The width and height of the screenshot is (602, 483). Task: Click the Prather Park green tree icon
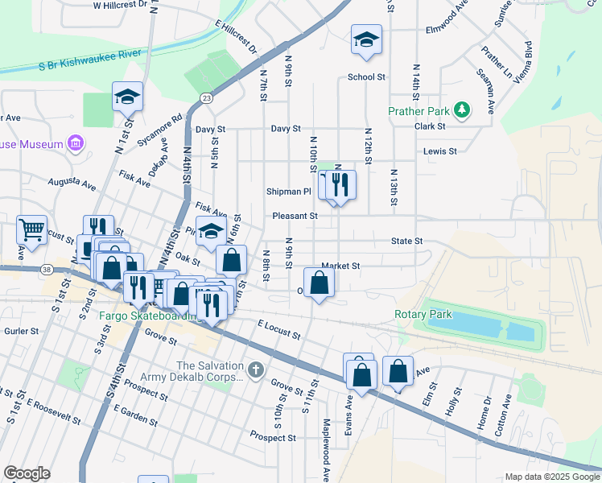point(462,110)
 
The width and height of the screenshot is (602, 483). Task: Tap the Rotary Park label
point(423,315)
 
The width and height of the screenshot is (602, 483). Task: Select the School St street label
point(367,77)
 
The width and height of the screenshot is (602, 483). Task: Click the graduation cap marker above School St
point(366,40)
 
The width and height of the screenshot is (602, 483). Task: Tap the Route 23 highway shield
point(208,97)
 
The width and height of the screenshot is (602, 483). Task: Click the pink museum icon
point(76,144)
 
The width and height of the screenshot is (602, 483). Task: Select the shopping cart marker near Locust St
point(31,229)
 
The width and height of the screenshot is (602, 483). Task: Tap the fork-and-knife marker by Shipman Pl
point(340,184)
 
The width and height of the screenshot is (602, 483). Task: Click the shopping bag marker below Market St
point(320,283)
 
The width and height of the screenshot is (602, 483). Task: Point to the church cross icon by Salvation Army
point(256,371)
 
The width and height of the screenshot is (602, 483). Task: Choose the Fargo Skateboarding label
point(149,316)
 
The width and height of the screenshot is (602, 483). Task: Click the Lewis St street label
point(440,151)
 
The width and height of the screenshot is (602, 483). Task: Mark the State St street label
point(406,241)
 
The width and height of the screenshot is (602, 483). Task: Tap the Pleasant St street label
point(295,216)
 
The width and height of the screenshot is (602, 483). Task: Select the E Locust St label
point(279,328)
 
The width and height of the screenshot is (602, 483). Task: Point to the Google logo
point(27,473)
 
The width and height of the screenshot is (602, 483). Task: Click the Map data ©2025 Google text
point(551,477)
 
